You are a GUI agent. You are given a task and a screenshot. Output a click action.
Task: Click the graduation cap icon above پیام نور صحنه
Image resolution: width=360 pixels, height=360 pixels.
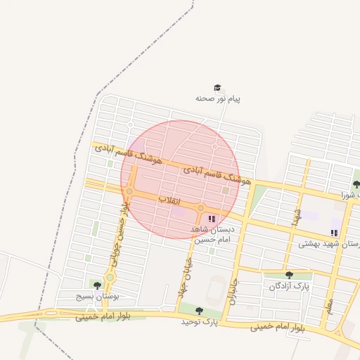(x=218, y=89)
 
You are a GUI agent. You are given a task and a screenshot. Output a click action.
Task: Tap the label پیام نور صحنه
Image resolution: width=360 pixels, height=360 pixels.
(x=218, y=99)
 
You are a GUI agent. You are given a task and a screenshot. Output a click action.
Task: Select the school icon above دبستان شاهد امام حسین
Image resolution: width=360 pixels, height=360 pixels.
(x=212, y=219)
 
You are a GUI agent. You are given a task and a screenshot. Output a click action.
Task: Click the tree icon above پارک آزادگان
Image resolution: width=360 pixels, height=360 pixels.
(x=289, y=275)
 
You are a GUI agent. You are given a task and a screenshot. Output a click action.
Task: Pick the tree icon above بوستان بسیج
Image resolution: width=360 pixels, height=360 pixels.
(x=97, y=285)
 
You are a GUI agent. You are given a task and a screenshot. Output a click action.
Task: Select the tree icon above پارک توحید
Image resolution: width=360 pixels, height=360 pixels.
(x=199, y=310)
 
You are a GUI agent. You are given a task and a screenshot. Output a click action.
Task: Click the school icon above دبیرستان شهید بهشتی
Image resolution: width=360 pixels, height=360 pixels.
(x=334, y=233)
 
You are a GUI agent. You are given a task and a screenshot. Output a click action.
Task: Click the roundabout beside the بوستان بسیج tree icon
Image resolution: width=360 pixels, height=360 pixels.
(x=110, y=278)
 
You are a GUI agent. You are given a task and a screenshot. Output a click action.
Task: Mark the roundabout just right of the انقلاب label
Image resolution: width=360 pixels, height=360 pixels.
(x=200, y=208)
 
